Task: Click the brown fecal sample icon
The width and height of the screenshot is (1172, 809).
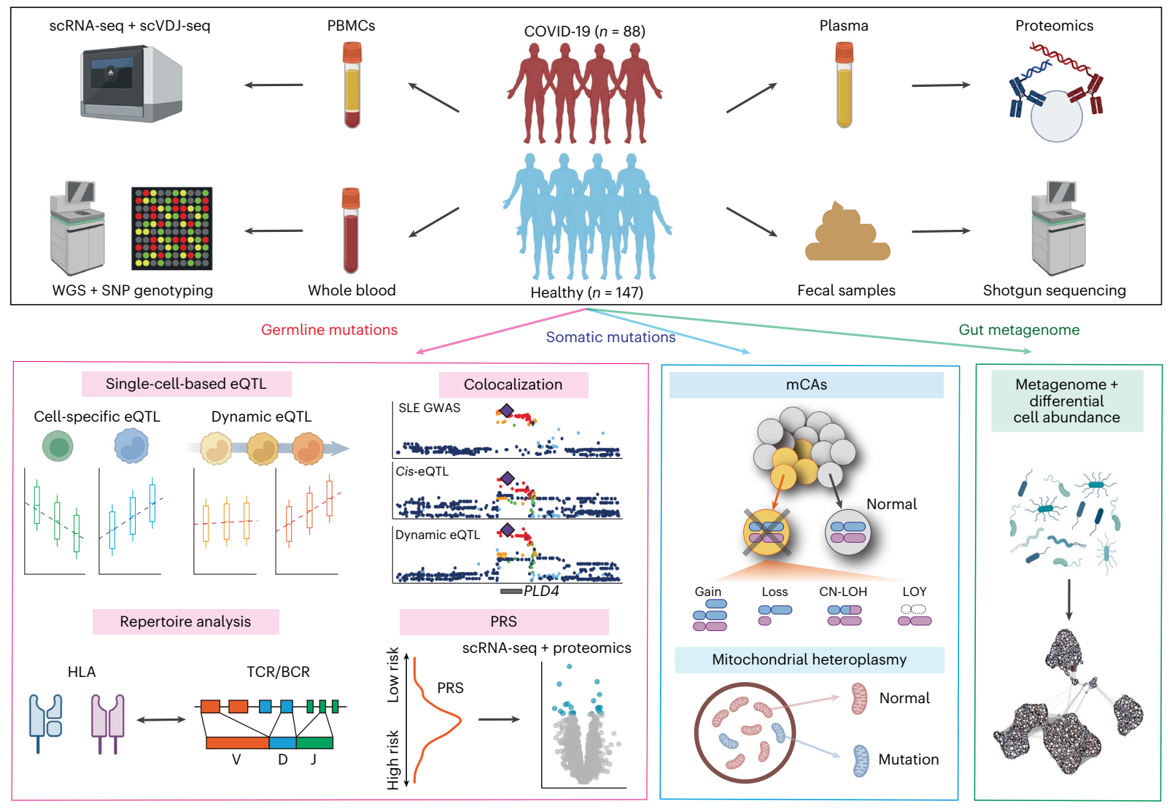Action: [847, 234]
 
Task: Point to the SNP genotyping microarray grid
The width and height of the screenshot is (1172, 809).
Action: [171, 228]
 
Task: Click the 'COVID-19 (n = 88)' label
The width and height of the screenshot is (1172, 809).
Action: [584, 31]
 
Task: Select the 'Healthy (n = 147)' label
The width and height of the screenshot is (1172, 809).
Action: [586, 293]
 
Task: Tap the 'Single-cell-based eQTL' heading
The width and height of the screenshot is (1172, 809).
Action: [186, 384]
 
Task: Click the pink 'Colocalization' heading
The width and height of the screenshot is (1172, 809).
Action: [513, 384]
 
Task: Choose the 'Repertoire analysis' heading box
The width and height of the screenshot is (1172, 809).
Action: [185, 622]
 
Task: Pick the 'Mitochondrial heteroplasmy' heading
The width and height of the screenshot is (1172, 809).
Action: [809, 659]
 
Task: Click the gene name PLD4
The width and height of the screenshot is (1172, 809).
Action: [541, 591]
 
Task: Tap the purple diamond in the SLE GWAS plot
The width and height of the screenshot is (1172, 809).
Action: [506, 411]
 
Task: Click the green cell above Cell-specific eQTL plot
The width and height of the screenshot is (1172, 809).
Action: [58, 446]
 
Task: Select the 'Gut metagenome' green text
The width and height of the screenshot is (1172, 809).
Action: [1019, 330]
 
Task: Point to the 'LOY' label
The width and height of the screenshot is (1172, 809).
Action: [914, 592]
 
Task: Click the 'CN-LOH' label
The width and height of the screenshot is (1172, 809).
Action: [843, 592]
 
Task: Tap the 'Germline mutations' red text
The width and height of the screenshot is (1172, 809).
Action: [329, 330]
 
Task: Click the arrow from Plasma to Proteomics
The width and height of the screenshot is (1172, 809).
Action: [941, 85]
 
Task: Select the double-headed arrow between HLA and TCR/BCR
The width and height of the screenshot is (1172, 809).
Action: [161, 720]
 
